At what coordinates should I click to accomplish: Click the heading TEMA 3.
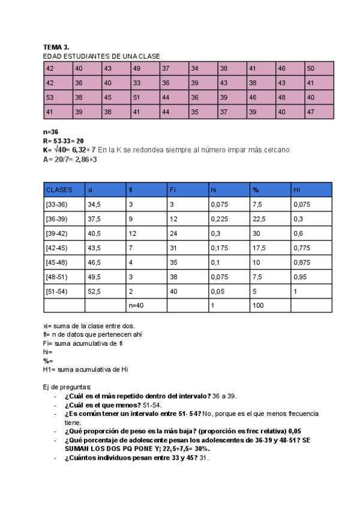tap(56, 47)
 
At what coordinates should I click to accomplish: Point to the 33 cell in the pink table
tap(137, 83)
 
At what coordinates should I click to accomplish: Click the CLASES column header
tap(59, 190)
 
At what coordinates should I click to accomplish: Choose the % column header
tap(256, 190)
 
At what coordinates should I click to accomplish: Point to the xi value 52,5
tap(94, 291)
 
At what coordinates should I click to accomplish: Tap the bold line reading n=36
tap(50, 131)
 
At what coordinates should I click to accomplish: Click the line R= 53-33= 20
tap(63, 140)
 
